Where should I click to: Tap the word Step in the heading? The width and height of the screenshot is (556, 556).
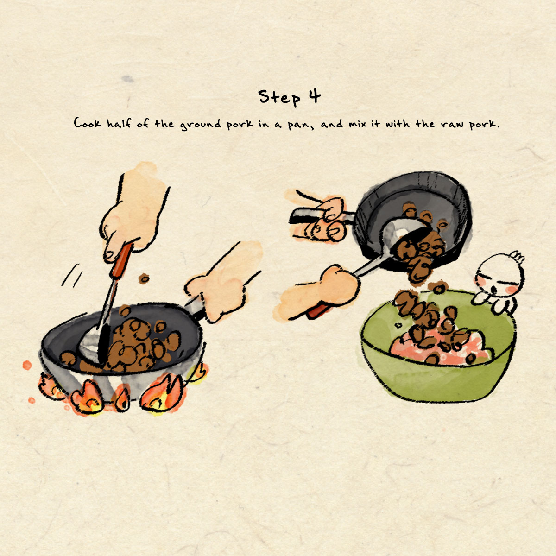[x=279, y=98]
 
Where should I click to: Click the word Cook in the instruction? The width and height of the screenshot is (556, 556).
[x=88, y=123]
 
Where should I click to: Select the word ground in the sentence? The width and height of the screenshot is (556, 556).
[x=201, y=124]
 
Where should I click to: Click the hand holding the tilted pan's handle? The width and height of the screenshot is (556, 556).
[x=323, y=218]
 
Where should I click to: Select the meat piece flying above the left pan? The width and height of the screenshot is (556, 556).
[x=144, y=278]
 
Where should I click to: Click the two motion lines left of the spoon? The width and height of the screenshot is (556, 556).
[x=71, y=276]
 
